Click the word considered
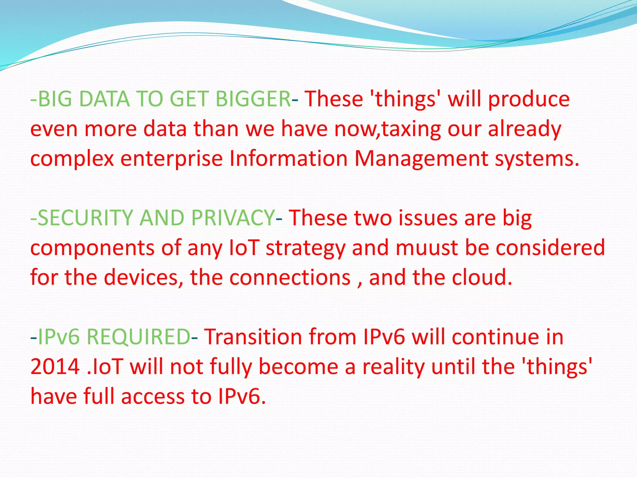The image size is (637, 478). point(550,248)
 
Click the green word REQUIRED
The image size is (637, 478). point(138,337)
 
